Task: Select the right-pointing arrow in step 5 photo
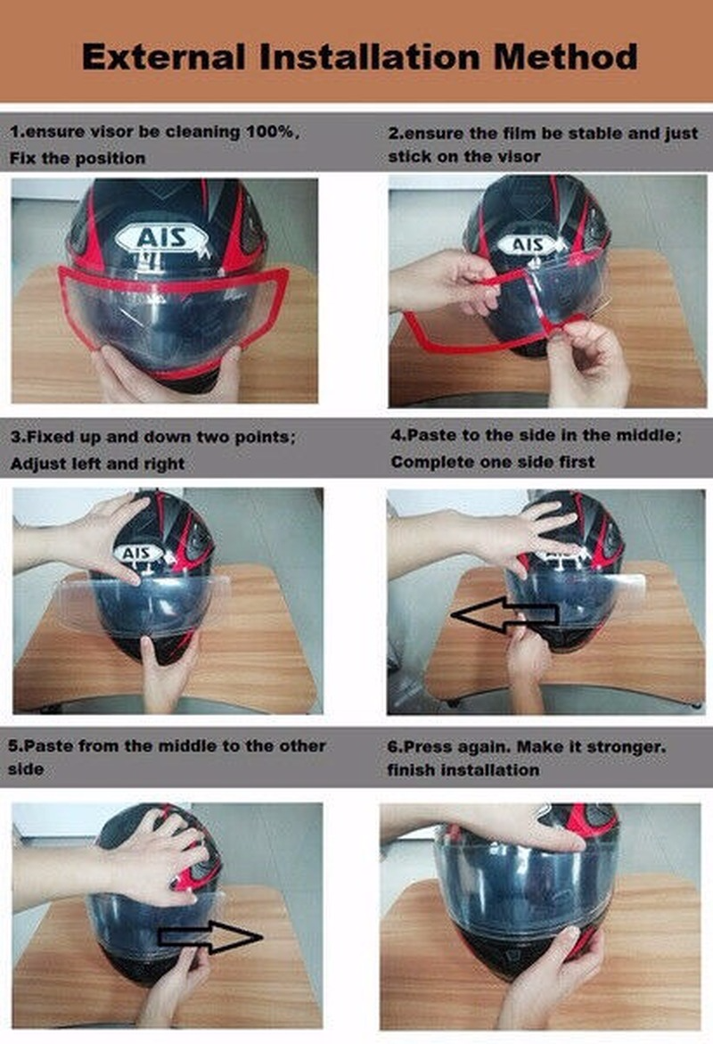tap(210, 934)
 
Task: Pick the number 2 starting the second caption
tap(393, 133)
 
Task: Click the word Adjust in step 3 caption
tap(36, 464)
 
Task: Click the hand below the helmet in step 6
tap(553, 972)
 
